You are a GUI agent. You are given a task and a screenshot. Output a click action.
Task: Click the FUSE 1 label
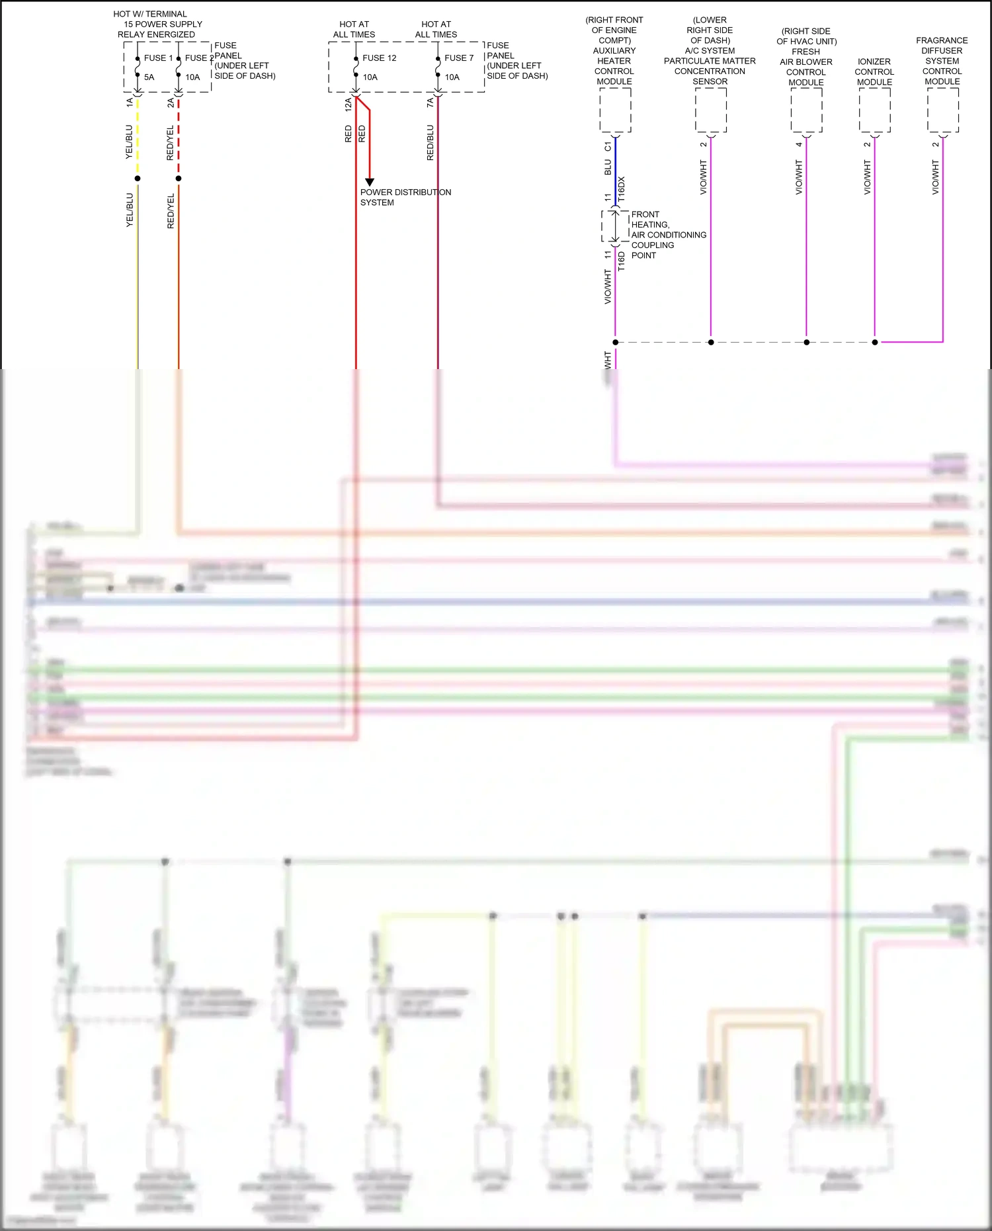pos(158,58)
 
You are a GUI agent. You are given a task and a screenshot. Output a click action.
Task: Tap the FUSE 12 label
pos(379,58)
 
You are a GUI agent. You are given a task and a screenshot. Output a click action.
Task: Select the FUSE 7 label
pos(459,58)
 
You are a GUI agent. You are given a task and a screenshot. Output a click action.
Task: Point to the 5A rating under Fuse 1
pos(149,77)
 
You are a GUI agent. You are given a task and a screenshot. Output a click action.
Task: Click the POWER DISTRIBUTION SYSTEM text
pos(405,197)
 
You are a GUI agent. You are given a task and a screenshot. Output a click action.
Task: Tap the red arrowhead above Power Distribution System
pos(370,182)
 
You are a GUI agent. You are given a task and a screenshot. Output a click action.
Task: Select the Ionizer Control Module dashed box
pos(874,110)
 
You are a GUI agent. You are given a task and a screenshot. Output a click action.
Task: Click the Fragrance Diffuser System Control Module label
pos(942,61)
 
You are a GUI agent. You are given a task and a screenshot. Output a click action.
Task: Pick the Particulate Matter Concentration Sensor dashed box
pos(710,110)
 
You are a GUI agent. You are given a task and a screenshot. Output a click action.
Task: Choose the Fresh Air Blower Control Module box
pos(806,110)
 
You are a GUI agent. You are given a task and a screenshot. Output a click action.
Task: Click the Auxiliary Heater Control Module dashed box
pos(615,110)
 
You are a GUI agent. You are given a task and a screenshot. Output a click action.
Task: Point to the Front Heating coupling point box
pos(615,226)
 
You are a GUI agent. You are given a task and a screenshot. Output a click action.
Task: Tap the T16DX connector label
pos(622,189)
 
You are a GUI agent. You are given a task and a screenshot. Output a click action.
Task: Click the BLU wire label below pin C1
pos(608,167)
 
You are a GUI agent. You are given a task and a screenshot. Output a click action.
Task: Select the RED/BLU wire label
pos(431,143)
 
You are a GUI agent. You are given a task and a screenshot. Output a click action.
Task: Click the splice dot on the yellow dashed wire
pos(138,179)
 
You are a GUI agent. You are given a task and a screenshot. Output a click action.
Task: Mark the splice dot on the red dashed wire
pos(179,179)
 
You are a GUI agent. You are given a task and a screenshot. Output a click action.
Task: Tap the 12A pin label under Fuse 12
pos(348,104)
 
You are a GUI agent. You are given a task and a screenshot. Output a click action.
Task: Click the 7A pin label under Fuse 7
pos(430,103)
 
